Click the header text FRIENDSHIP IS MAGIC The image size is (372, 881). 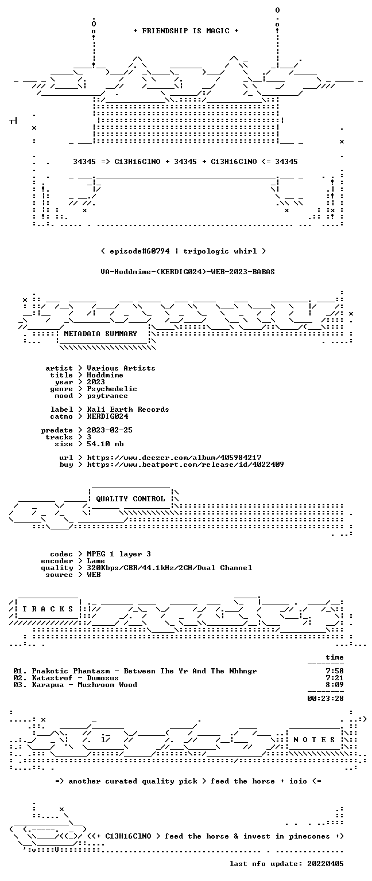coord(186,30)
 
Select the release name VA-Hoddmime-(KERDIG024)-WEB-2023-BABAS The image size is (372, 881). coord(187,271)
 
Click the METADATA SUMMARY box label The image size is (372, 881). coord(100,333)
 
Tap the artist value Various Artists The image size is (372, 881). coord(121,368)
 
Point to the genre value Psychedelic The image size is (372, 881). coord(112,388)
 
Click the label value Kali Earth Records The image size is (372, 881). coord(128,410)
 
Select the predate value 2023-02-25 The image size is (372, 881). coord(110,430)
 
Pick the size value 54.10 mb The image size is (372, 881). coord(105,443)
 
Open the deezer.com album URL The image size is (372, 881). coord(174,457)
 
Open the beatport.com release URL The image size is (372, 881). coord(185,465)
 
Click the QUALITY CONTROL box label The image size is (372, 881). coord(130,498)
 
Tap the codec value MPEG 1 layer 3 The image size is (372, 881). coord(119,553)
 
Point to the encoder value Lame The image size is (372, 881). coord(96,561)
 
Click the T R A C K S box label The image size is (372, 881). coord(48,609)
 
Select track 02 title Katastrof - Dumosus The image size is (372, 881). coord(75,677)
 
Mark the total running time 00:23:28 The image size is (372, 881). coord(325,699)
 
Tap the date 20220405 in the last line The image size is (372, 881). coord(325,863)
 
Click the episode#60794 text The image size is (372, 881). coord(139,251)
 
